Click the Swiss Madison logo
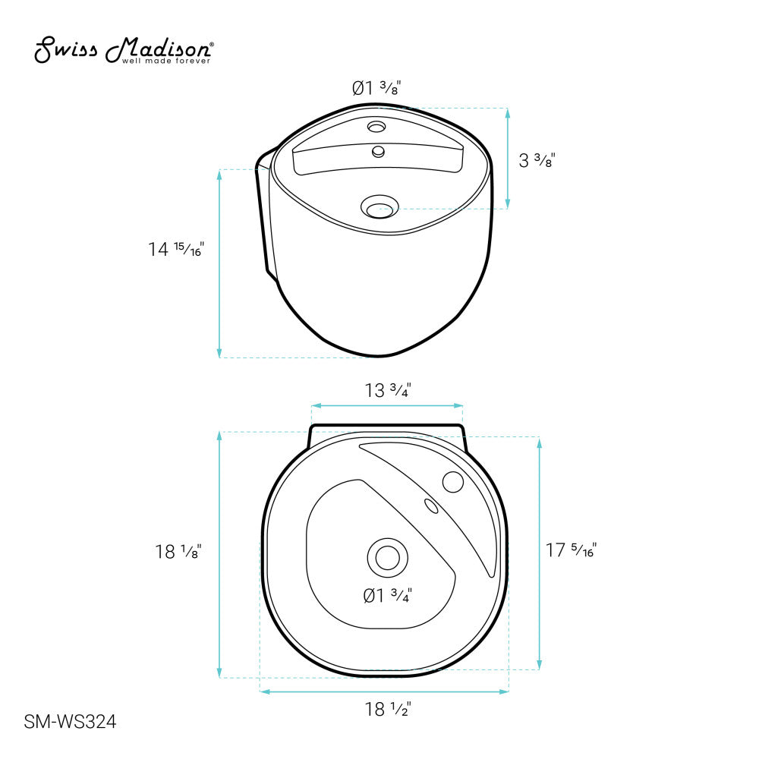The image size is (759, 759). click(124, 49)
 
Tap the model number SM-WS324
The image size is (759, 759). click(70, 722)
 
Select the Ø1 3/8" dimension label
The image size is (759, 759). click(376, 87)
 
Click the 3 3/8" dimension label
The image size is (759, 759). click(537, 159)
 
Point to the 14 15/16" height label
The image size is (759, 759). click(176, 249)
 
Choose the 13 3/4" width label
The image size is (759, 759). click(388, 389)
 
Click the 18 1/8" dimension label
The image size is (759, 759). click(178, 551)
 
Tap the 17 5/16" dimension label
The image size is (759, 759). click(572, 550)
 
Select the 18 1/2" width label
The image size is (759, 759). click(388, 709)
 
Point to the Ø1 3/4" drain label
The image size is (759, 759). click(387, 595)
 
